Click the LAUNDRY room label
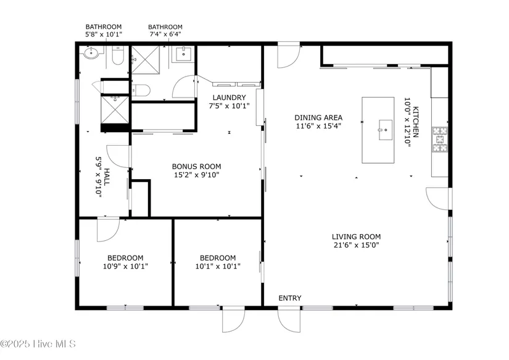click(x=229, y=97)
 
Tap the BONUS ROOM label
click(x=196, y=166)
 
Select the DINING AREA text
click(x=318, y=117)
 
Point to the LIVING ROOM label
click(x=356, y=237)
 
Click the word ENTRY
click(x=290, y=298)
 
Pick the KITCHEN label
click(x=415, y=122)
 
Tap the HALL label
click(x=107, y=177)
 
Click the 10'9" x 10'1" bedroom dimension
click(x=125, y=266)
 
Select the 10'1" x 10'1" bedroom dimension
click(x=218, y=266)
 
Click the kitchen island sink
click(x=386, y=130)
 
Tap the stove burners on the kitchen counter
click(x=440, y=140)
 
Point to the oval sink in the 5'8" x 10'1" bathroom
click(x=91, y=52)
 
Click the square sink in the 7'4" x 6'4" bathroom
click(x=184, y=54)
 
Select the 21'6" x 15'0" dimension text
click(x=356, y=245)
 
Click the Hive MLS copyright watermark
click(x=38, y=344)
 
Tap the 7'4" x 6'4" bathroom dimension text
click(x=165, y=34)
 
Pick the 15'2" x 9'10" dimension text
click(x=196, y=175)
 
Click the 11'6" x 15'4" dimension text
click(x=318, y=126)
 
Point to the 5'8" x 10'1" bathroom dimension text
click(x=104, y=34)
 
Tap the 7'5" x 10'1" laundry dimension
click(x=229, y=106)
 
